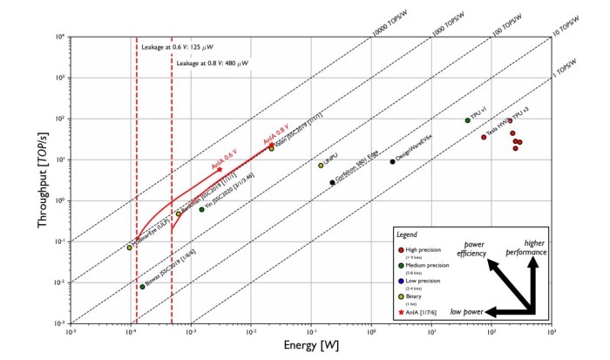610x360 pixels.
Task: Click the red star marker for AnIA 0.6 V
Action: click(x=220, y=170)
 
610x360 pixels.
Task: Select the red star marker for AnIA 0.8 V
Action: click(x=271, y=145)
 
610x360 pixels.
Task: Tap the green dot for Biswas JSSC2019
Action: click(x=142, y=286)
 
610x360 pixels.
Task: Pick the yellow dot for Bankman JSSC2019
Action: click(x=178, y=214)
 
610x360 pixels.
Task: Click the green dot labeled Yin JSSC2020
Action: click(x=201, y=209)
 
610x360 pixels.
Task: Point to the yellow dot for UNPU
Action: click(x=321, y=166)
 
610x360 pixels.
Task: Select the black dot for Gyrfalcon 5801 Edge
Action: click(x=332, y=182)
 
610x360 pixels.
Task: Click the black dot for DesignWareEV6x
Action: click(x=393, y=161)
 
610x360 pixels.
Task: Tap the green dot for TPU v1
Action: click(x=468, y=120)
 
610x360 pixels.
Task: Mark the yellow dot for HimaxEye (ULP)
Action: click(x=130, y=248)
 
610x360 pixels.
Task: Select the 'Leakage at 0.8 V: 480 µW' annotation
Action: click(x=213, y=64)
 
